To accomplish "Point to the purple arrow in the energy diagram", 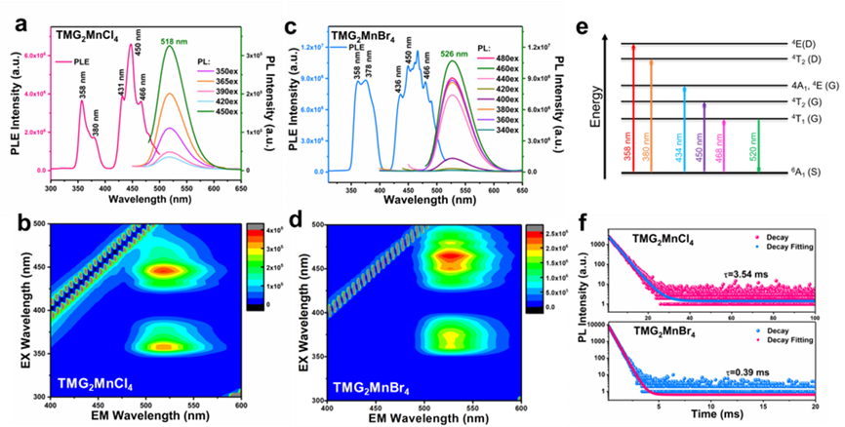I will coord(704,137).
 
